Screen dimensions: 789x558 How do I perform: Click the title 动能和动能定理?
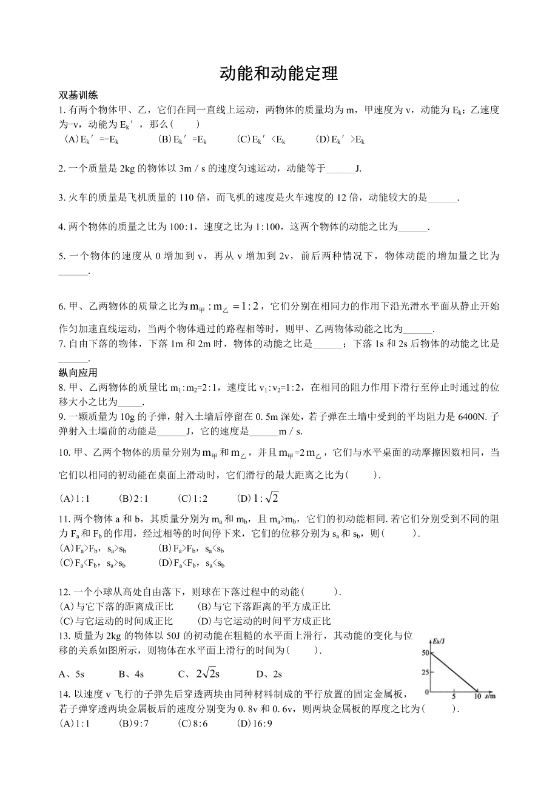[x=278, y=74]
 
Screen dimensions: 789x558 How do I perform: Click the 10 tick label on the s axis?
[x=477, y=697]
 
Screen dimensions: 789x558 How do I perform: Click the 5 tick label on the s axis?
[x=454, y=697]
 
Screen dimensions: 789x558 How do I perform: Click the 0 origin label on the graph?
[x=426, y=691]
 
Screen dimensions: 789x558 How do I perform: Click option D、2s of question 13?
[x=269, y=673]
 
